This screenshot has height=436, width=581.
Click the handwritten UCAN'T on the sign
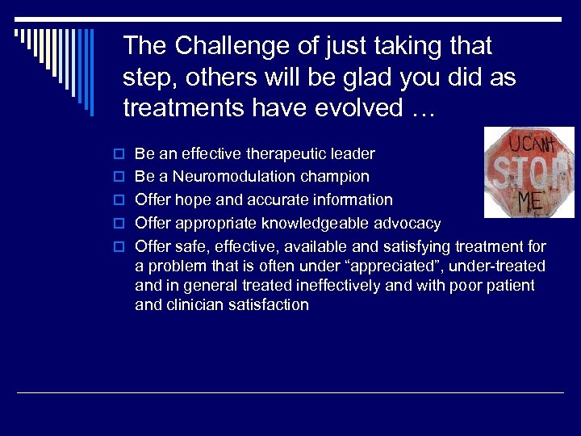point(528,145)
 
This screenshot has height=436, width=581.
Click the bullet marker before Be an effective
point(119,154)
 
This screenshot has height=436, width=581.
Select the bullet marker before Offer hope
point(119,200)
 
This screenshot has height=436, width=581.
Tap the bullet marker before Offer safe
point(119,247)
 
